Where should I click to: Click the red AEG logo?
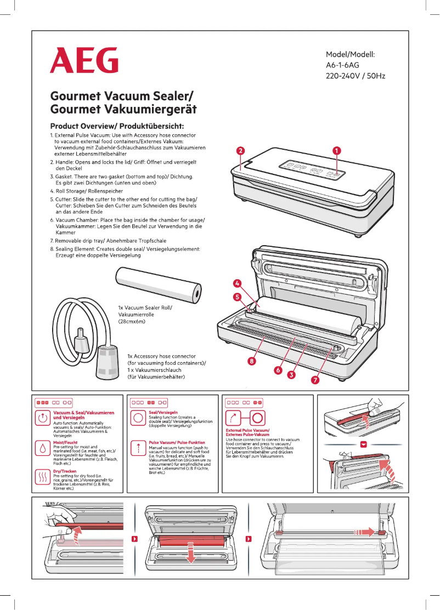coord(84,60)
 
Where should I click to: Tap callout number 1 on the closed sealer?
coord(337,150)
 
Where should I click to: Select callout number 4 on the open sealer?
coord(236,284)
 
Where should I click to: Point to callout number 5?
coord(237,297)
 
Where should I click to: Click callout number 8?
coord(252,361)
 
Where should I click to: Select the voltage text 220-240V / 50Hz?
coord(356,76)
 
